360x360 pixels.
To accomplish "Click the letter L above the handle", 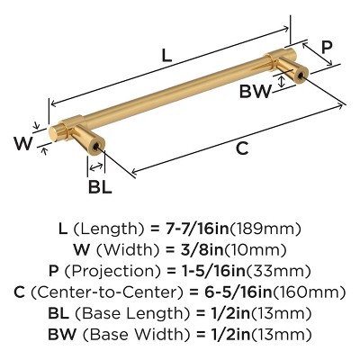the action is point(166,56).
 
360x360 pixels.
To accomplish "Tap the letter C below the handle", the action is point(242,148).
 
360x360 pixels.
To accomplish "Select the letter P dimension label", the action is point(327,48).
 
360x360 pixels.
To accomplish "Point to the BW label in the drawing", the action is point(256,91).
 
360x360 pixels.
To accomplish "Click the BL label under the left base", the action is point(100,186).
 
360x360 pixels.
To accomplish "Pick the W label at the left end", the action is point(22,143).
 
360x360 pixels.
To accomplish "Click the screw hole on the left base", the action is point(97,147).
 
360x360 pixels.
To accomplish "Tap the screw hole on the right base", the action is point(301,77).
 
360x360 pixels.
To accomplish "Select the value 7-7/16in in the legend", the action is point(197,229).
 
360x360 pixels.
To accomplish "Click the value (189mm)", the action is point(265,229).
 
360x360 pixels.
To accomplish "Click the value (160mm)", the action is point(309,292).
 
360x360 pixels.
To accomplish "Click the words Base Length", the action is point(132,314).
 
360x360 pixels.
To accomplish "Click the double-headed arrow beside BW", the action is point(281,82).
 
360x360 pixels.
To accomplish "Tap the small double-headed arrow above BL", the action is point(96,166).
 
